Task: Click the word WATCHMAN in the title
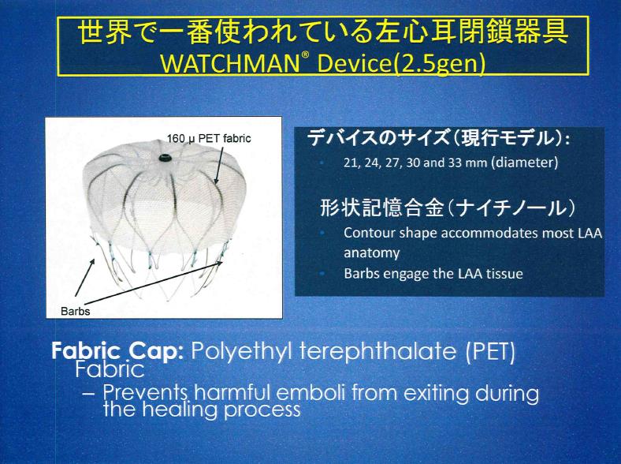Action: (229, 63)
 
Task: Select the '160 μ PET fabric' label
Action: (209, 138)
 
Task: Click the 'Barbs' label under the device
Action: (75, 311)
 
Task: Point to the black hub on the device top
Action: (165, 158)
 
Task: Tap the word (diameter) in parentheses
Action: (524, 163)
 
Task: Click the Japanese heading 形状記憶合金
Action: (381, 208)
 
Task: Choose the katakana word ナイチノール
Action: (512, 208)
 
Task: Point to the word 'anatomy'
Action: (371, 253)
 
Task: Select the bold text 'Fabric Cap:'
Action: (117, 350)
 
